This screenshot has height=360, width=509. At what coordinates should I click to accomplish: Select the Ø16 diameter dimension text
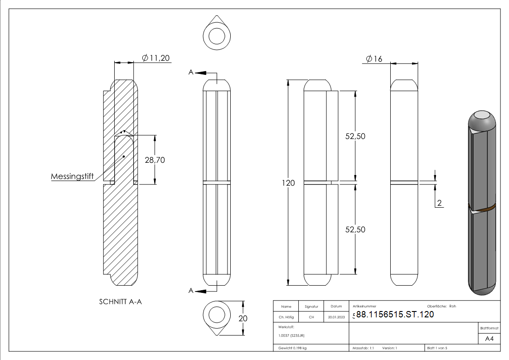(374, 59)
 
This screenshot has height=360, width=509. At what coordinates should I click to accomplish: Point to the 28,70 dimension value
(167, 160)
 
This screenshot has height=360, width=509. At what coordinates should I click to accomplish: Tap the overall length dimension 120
(288, 183)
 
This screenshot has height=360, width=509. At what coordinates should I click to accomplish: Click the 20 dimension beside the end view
(243, 318)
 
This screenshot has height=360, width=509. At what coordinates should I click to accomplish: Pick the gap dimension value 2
(439, 202)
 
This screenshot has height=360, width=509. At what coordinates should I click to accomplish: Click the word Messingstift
(72, 176)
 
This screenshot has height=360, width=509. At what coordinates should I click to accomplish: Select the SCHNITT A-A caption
(120, 302)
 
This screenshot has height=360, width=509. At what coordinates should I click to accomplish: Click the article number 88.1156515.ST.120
(395, 315)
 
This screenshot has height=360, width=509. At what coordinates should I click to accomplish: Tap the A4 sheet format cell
(490, 339)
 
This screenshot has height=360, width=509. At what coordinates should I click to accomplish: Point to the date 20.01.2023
(336, 317)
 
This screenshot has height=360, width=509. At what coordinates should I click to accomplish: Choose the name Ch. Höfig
(286, 317)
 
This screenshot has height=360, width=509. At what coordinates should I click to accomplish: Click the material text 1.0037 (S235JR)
(291, 335)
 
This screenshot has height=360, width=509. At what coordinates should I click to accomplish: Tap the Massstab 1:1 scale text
(363, 348)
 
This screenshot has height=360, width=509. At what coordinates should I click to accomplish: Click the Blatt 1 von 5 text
(437, 348)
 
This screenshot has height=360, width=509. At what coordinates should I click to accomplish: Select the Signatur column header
(311, 306)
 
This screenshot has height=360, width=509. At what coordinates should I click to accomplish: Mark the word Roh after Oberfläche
(452, 306)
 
